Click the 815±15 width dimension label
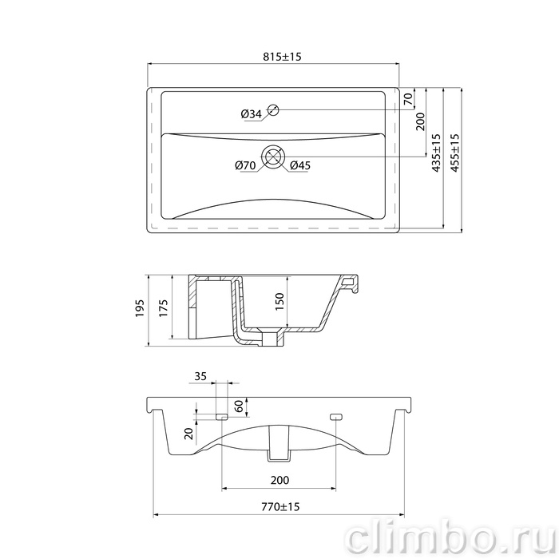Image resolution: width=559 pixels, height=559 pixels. tap(282, 57)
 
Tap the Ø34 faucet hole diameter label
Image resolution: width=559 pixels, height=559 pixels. tap(251, 114)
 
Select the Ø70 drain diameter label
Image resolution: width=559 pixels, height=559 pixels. tap(245, 165)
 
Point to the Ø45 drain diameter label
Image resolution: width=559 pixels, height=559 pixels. tap(299, 165)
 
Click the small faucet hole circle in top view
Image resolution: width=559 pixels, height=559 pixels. tap(273, 110)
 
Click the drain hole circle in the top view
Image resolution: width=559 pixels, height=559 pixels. tap(273, 157)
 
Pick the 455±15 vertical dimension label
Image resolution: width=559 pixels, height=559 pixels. tap(455, 153)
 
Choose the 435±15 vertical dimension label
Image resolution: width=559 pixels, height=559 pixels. tap(436, 153)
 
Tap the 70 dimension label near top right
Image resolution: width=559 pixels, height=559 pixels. tap(408, 98)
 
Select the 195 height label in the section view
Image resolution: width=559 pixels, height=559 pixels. tap(140, 308)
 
